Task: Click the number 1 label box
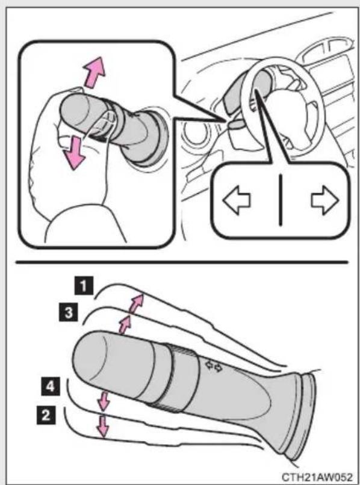(x=83, y=285)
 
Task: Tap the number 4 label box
(x=51, y=387)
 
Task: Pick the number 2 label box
(x=46, y=415)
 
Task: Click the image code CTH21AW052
(x=317, y=477)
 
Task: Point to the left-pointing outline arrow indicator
(x=237, y=200)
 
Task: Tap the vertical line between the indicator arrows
(x=281, y=200)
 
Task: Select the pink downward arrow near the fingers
(x=74, y=153)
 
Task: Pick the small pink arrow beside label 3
(x=125, y=325)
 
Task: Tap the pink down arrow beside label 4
(x=104, y=402)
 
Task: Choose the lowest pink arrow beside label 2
(x=103, y=426)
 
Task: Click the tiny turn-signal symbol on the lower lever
(x=214, y=366)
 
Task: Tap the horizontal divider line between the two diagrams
(x=182, y=262)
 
